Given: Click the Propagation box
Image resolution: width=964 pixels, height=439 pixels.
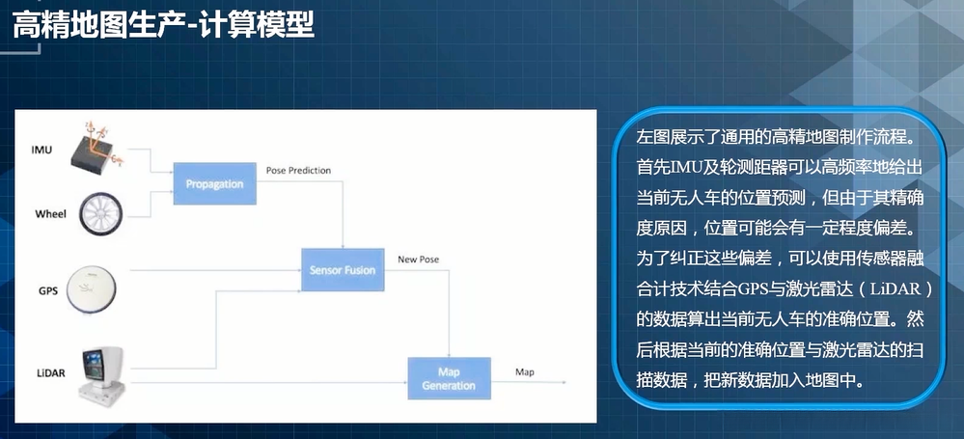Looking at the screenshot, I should click(x=215, y=183).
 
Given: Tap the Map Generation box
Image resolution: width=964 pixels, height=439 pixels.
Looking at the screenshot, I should click(x=449, y=378).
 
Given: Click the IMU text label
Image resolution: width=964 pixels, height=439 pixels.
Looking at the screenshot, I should click(x=41, y=150).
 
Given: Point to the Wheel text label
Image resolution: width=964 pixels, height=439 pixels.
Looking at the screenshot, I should click(x=50, y=213).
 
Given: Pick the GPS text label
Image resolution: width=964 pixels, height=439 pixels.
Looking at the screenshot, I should click(x=48, y=289).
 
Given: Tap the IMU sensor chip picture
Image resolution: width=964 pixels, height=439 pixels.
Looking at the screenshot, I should click(x=100, y=151).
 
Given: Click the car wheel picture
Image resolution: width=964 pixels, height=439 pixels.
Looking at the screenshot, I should click(x=100, y=212).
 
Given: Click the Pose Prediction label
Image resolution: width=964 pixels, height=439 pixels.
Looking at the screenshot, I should click(x=298, y=171).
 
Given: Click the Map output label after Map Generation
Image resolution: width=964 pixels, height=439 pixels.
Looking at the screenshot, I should click(x=525, y=371).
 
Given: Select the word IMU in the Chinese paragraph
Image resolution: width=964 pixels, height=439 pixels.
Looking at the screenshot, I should click(x=701, y=168).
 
